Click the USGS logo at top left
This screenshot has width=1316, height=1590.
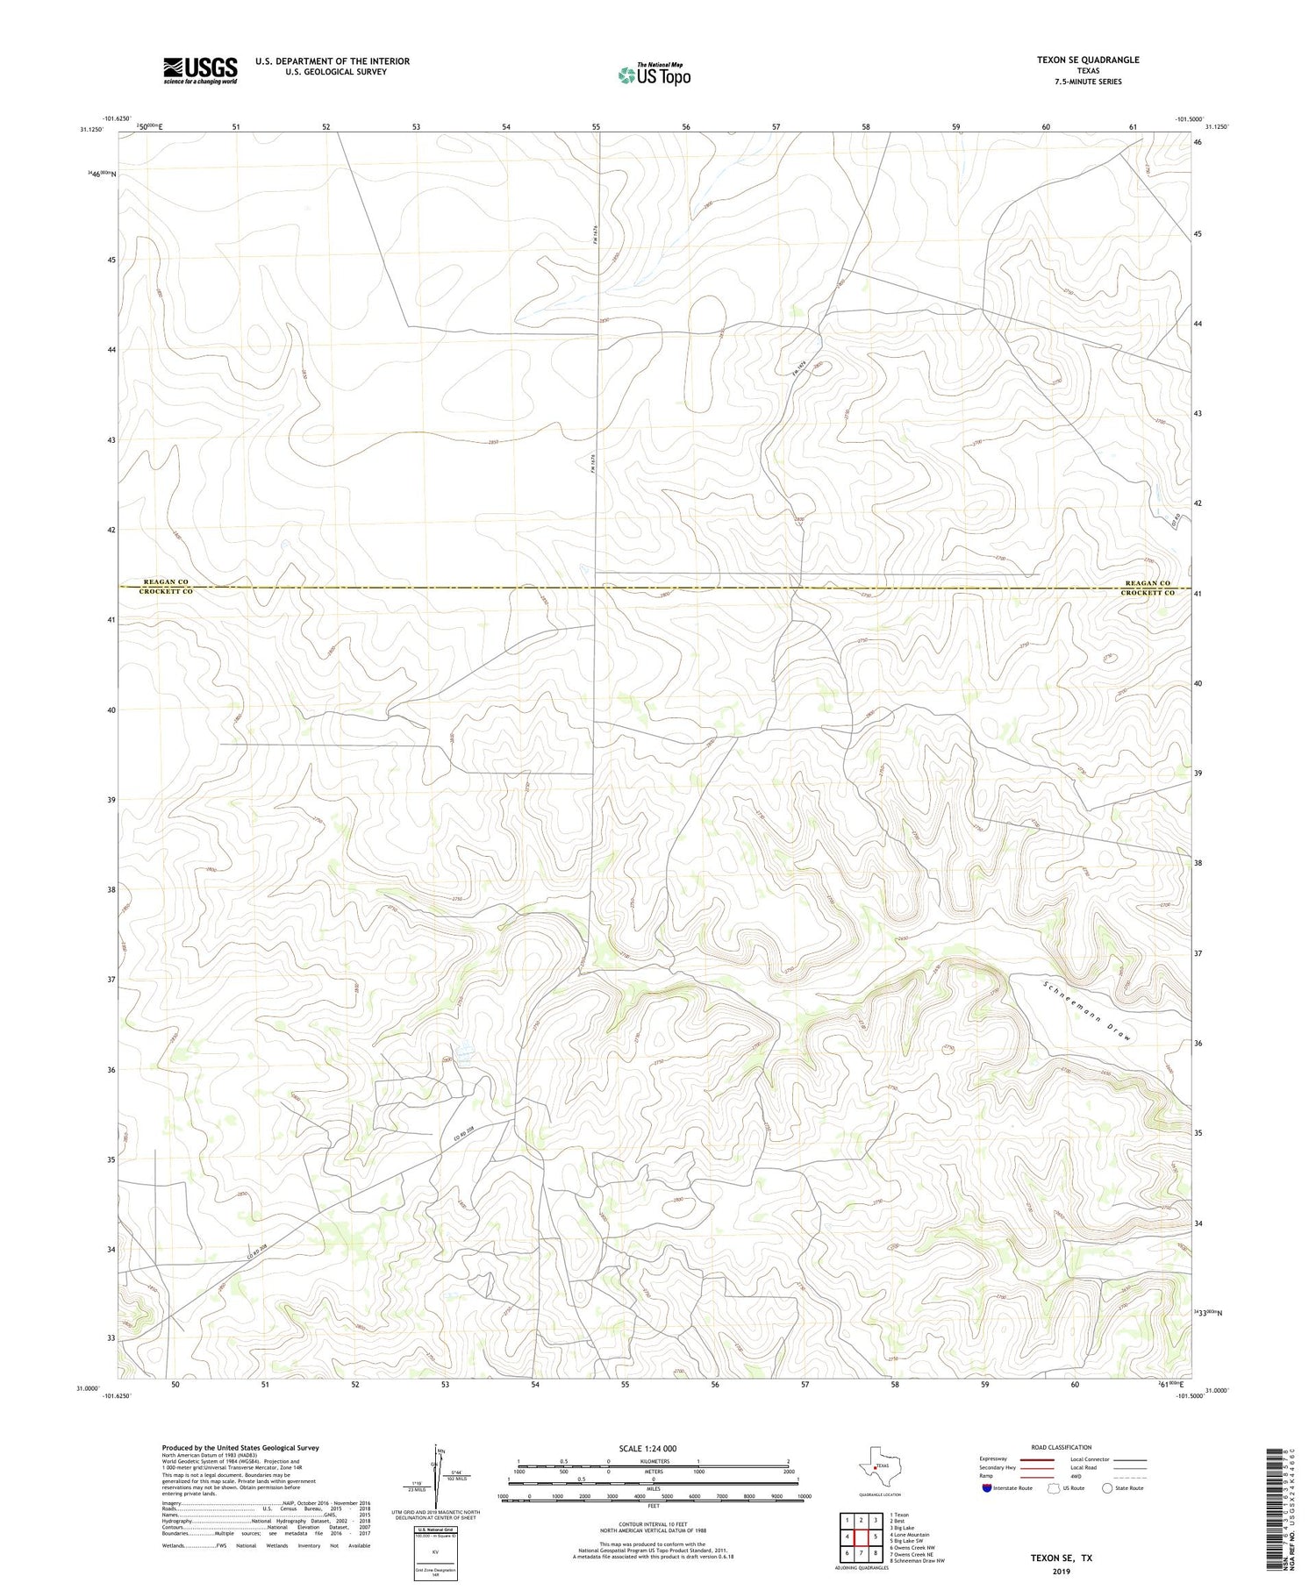200,70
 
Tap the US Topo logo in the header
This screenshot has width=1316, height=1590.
654,75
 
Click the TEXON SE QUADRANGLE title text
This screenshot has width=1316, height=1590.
1088,60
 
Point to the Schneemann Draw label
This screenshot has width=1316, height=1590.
1087,1011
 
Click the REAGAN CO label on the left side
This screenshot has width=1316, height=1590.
165,582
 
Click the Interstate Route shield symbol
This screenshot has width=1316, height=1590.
987,1488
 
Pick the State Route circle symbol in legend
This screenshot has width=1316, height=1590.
1108,1488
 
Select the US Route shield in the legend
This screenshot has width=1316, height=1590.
1054,1488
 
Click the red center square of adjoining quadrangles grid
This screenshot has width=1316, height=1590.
862,1537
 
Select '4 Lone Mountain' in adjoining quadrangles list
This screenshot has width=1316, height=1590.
909,1535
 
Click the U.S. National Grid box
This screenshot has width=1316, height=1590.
435,1553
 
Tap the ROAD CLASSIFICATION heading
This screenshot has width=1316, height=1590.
1062,1447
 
